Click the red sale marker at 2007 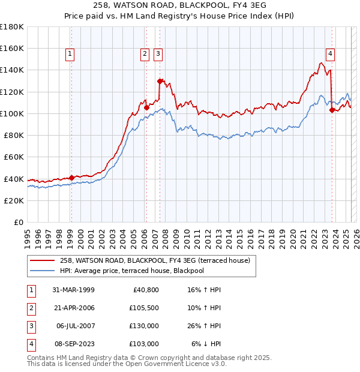[160, 81]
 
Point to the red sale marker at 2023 [332, 110]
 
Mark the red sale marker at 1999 [71, 178]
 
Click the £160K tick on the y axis [12, 48]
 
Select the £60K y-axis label [14, 157]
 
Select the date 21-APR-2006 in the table [74, 308]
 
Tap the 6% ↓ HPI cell [206, 344]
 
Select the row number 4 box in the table [31, 344]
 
